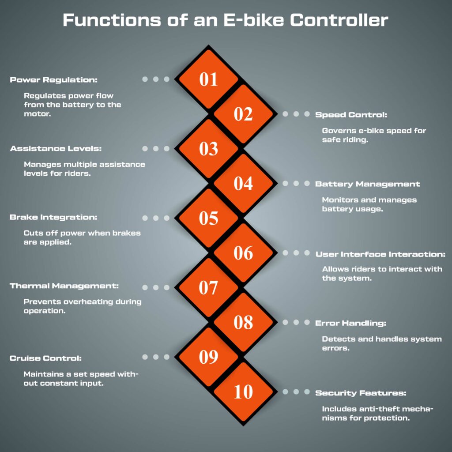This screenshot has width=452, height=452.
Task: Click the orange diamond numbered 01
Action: pos(209,79)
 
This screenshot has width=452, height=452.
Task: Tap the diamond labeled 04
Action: pos(243,183)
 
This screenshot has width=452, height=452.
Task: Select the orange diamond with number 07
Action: pos(209,288)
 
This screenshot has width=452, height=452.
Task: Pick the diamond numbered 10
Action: pos(243,392)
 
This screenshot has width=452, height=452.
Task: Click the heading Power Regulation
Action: pos(53,80)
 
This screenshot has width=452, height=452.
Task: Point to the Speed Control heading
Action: pos(351,115)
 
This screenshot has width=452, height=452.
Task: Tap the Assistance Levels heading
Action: pos(56,149)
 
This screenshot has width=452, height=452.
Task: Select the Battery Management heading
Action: pos(367,184)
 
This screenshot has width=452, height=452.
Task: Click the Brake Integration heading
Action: pos(53,218)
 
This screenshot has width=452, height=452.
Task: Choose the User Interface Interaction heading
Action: pos(380,254)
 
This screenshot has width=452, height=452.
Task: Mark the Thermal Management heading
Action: pos(64,286)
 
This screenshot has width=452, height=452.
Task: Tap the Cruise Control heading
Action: pos(46,358)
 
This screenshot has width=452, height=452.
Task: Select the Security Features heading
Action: pos(361,393)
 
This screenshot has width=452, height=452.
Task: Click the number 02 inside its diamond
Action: pos(243,114)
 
